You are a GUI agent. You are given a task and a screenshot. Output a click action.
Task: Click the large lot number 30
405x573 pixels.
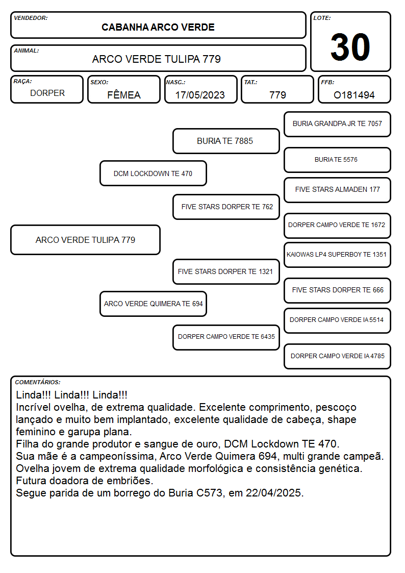pyautogui.click(x=350, y=47)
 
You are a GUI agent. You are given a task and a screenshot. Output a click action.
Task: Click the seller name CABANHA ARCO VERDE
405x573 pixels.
pyautogui.click(x=158, y=28)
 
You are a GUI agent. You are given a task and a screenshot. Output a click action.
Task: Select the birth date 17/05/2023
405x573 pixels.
pyautogui.click(x=200, y=95)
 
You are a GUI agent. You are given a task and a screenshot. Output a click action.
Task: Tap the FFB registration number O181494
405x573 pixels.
pyautogui.click(x=354, y=95)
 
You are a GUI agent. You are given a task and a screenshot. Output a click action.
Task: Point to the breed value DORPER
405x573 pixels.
pyautogui.click(x=47, y=93)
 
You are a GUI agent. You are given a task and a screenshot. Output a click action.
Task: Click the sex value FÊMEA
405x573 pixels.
pyautogui.click(x=124, y=94)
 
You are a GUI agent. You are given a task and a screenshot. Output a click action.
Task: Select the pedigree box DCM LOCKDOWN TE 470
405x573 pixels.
pyautogui.click(x=154, y=173)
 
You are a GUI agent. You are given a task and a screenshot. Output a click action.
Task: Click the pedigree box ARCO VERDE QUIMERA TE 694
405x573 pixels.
pyautogui.click(x=154, y=304)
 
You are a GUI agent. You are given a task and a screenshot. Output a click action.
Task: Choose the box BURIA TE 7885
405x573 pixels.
pyautogui.click(x=226, y=141)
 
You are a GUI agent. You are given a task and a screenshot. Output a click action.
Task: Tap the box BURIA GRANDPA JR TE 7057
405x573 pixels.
pyautogui.click(x=338, y=124)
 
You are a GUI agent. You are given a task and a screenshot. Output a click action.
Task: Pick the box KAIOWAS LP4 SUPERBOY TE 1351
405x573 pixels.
pyautogui.click(x=338, y=255)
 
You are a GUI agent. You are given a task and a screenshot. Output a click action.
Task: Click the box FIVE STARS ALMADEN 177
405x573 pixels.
pyautogui.click(x=338, y=190)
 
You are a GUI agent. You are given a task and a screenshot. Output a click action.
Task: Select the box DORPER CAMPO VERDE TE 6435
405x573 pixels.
pyautogui.click(x=226, y=337)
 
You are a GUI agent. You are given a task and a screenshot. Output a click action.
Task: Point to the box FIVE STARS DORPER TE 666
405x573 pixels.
pyautogui.click(x=338, y=290)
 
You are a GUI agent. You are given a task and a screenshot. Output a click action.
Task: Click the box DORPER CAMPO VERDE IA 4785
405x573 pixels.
pyautogui.click(x=338, y=356)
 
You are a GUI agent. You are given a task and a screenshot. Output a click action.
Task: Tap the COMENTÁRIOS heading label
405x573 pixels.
pyautogui.click(x=38, y=382)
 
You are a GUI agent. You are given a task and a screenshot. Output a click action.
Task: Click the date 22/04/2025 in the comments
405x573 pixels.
pyautogui.click(x=273, y=493)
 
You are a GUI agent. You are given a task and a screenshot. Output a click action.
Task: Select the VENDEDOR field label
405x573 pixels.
pyautogui.click(x=31, y=18)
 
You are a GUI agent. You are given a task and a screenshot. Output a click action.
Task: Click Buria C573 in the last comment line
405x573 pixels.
pyautogui.click(x=195, y=493)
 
